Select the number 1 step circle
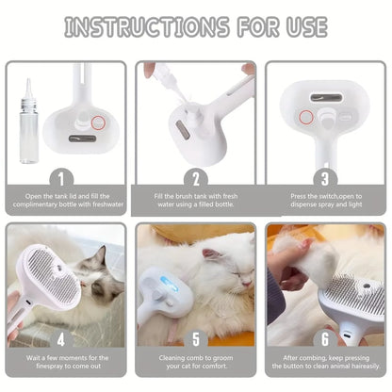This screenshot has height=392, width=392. (64, 176)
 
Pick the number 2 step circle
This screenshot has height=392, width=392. (196, 176)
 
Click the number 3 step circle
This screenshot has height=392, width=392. (325, 176)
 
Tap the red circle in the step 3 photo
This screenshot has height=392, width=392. (304, 118)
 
